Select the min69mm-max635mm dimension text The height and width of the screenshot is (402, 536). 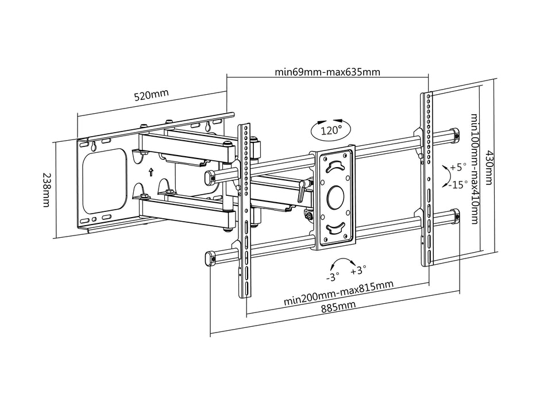point(327,72)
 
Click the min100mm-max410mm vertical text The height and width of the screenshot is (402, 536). point(475,169)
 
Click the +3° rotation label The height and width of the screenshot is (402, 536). point(358,269)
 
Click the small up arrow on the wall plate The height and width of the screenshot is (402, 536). point(151,171)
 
